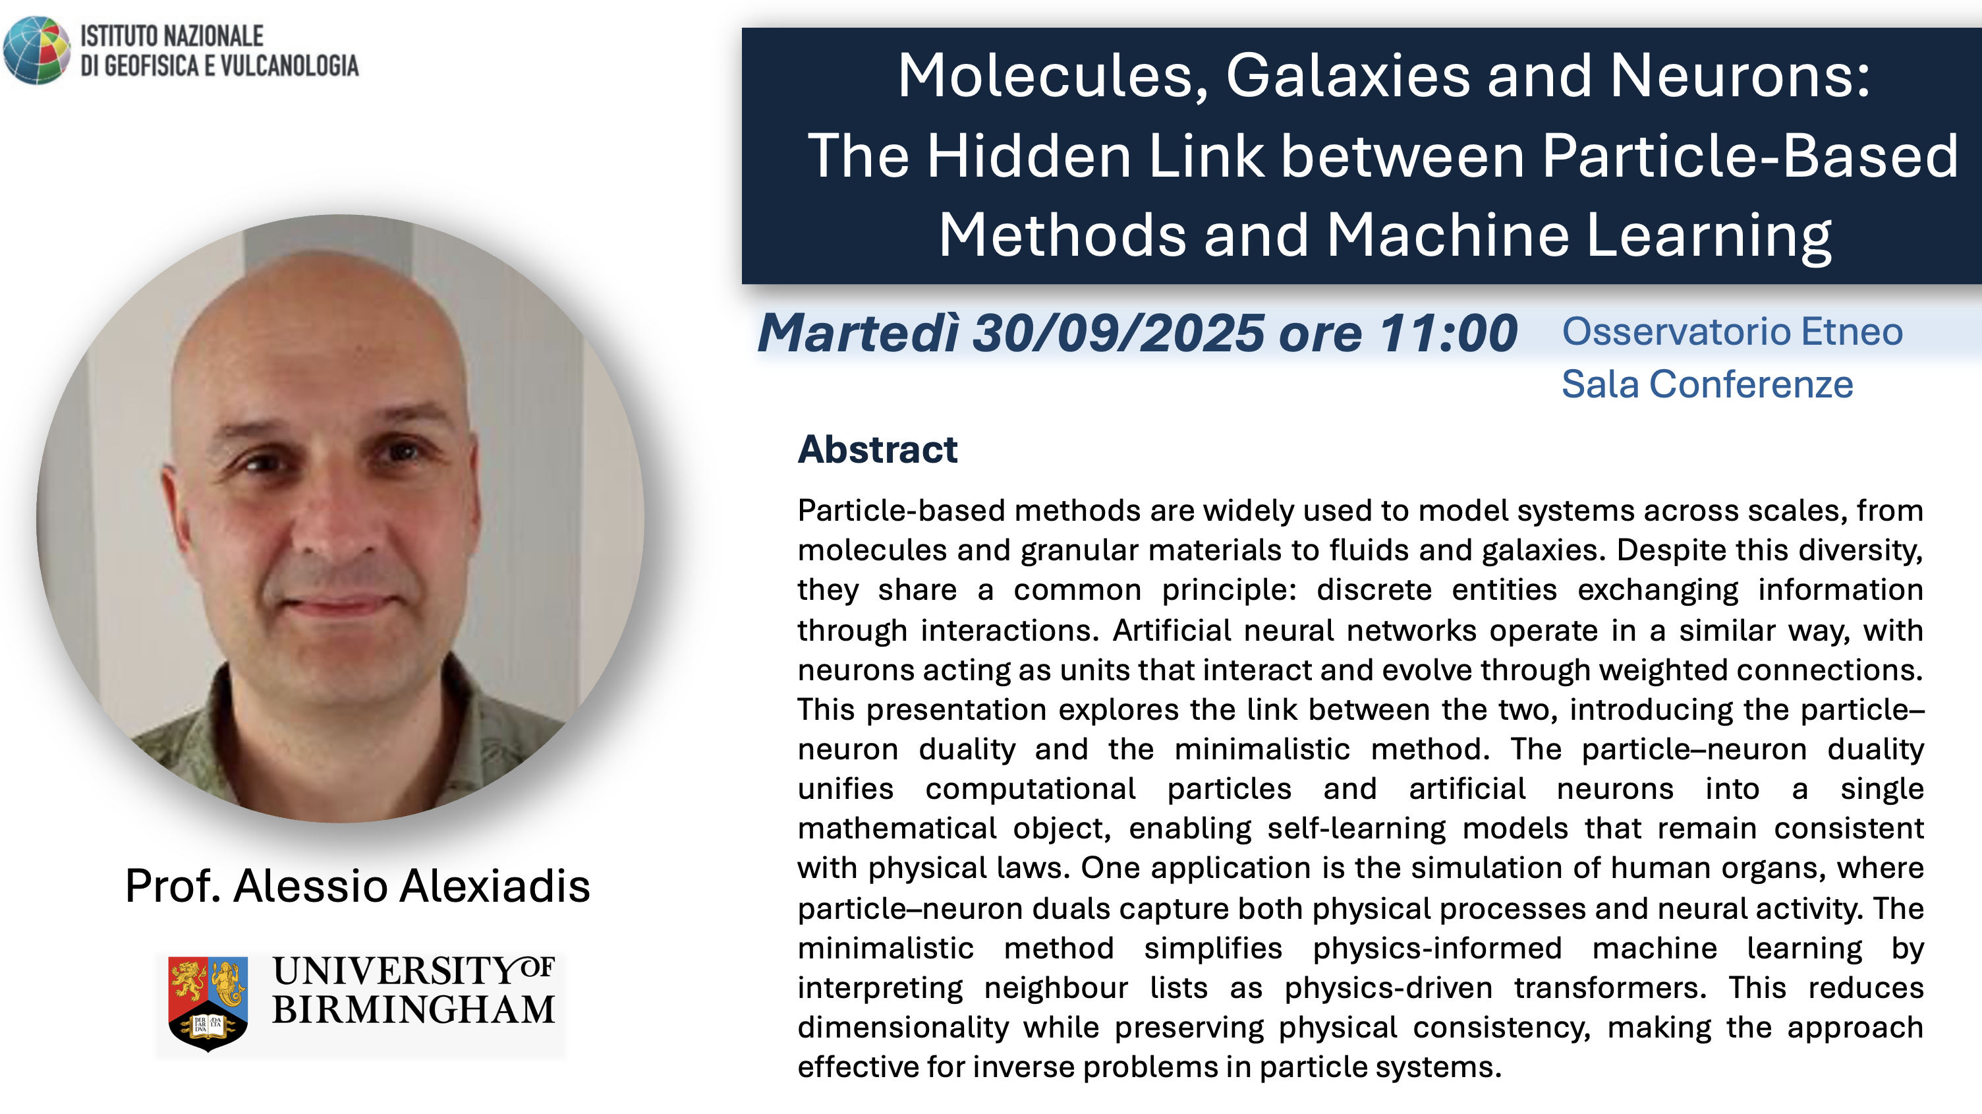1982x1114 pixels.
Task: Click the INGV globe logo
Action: point(36,50)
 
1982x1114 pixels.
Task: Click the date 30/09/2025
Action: point(1118,334)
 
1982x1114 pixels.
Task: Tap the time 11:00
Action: point(1447,334)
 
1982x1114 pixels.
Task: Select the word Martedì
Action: point(859,334)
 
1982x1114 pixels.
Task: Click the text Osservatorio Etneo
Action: point(1732,332)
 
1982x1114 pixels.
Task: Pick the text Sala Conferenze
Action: point(1707,384)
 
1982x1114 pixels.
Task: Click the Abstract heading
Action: point(877,450)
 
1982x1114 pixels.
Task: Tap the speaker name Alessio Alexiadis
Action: point(412,885)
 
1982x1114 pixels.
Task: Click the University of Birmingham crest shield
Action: point(208,1003)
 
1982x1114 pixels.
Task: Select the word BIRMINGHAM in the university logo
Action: point(413,1010)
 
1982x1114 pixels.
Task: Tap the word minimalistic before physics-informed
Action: point(886,949)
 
